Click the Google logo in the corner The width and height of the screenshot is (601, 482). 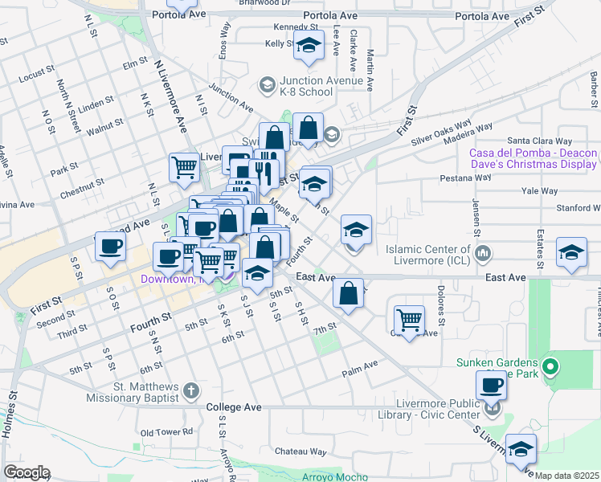26,472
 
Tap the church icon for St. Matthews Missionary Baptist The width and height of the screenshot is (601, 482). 190,391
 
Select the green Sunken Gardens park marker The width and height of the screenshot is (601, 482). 550,369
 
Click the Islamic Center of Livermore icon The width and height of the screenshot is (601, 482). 483,255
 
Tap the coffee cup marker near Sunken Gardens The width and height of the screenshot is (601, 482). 491,385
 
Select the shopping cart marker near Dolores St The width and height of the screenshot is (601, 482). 409,320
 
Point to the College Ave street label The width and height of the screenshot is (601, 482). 234,407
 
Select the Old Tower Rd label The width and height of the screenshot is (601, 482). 167,432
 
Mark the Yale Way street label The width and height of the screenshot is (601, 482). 539,191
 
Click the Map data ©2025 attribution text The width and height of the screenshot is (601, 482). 566,476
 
